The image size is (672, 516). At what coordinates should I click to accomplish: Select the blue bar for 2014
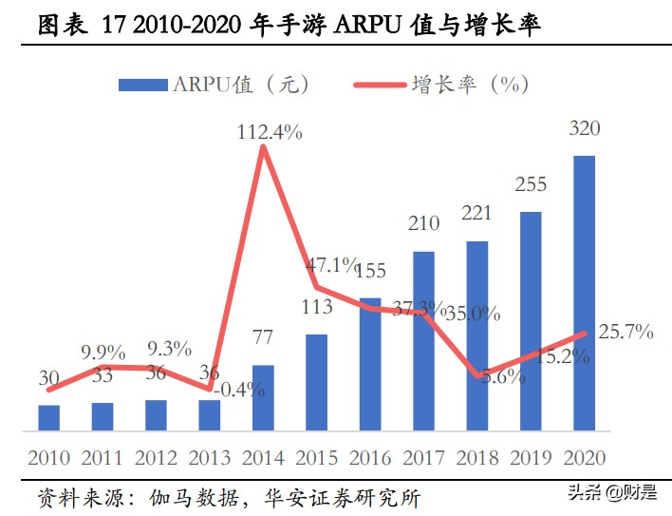pyautogui.click(x=263, y=397)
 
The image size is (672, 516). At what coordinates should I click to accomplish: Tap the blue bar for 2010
pyautogui.click(x=48, y=417)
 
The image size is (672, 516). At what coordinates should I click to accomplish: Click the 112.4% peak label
pyautogui.click(x=270, y=133)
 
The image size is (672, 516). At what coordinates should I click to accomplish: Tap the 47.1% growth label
pyautogui.click(x=331, y=264)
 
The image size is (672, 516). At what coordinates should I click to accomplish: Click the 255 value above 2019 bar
pyautogui.click(x=530, y=185)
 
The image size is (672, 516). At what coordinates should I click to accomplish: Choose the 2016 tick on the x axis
pyautogui.click(x=371, y=459)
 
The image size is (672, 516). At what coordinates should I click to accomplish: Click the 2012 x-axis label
pyautogui.click(x=156, y=459)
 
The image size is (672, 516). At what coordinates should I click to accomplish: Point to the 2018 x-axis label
pyautogui.click(x=477, y=459)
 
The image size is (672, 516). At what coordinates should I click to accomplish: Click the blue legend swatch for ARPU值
pyautogui.click(x=142, y=86)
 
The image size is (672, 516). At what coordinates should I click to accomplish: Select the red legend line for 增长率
pyautogui.click(x=379, y=86)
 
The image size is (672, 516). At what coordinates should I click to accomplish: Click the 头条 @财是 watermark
pyautogui.click(x=611, y=492)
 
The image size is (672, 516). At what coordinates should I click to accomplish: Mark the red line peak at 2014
pyautogui.click(x=263, y=147)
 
